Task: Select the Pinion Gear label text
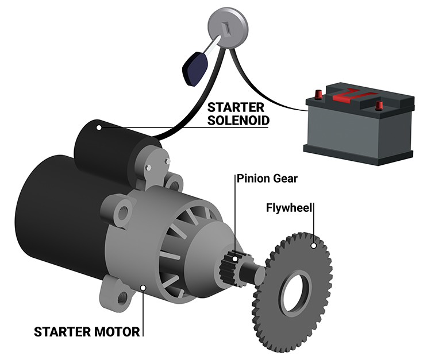(x=267, y=179)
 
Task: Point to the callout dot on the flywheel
(x=313, y=246)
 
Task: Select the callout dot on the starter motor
(x=143, y=287)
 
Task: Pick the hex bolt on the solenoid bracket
(x=149, y=168)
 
